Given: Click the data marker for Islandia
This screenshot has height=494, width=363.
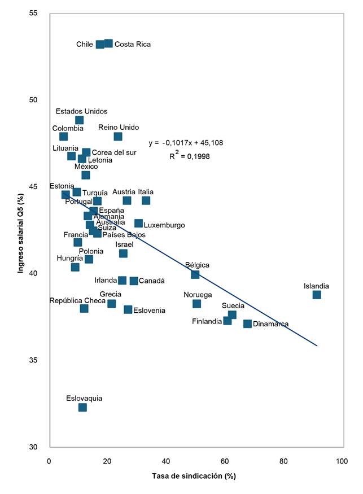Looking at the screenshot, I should tap(317, 295).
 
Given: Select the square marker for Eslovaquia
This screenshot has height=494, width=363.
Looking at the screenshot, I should tap(82, 407).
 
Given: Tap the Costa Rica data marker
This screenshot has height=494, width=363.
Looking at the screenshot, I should tap(108, 43).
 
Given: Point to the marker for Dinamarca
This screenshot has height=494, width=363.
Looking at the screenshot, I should tap(247, 323).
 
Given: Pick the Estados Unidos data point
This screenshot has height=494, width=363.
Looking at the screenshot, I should tap(79, 120).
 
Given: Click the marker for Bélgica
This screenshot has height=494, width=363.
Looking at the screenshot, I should tap(195, 274).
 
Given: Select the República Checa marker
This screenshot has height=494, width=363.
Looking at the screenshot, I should tap(84, 308).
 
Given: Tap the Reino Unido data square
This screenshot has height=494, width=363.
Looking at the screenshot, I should tap(118, 136).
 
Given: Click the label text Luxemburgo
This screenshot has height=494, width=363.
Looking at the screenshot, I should tap(164, 225).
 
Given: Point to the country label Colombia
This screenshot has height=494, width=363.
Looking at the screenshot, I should tap(68, 128).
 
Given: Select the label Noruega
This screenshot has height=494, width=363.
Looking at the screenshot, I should tap(198, 295).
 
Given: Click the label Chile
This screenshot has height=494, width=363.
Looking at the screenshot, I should tap(85, 44).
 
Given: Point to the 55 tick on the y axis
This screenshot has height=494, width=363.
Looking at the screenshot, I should tap(41, 13).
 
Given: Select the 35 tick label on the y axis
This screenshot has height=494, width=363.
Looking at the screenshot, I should tap(41, 360).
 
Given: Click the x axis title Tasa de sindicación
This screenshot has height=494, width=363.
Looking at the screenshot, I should tap(194, 476).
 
